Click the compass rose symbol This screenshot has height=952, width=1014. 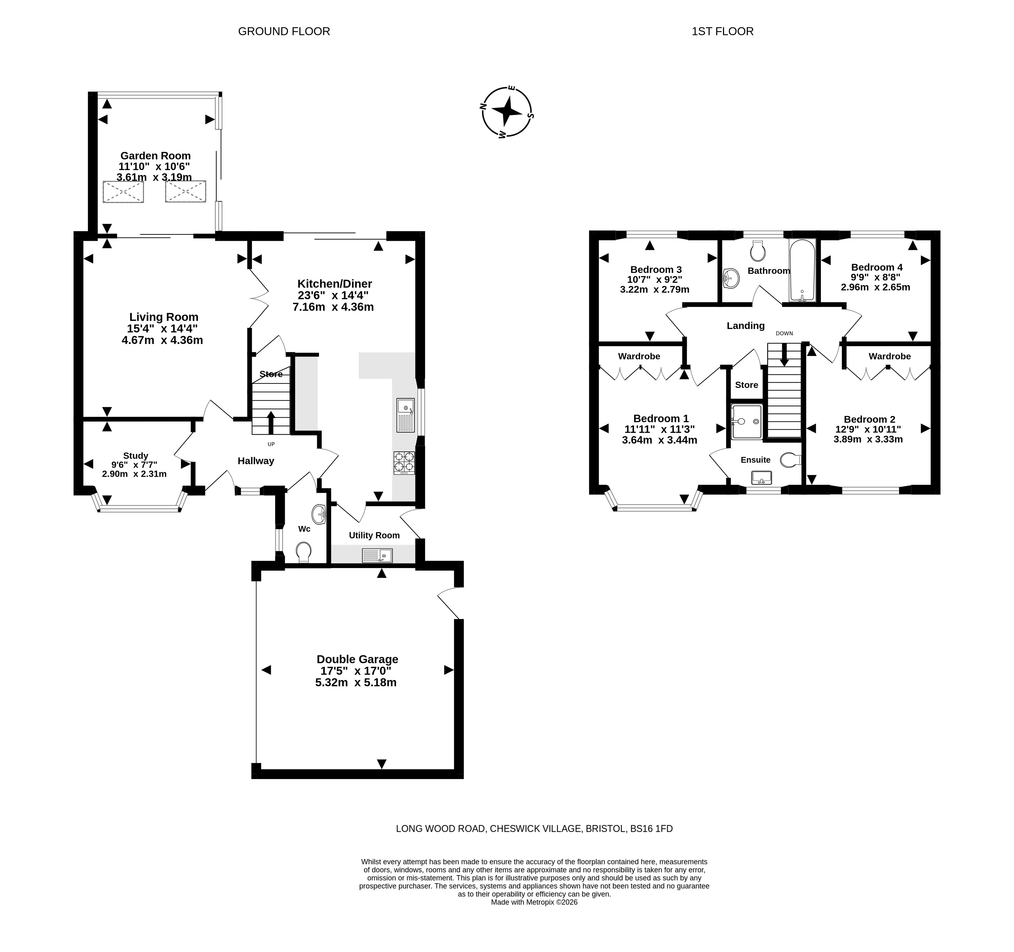pos(507,112)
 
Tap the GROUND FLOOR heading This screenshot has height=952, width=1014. pos(284,32)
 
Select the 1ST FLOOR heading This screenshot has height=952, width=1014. pos(722,32)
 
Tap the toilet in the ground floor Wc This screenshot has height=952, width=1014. pos(304,552)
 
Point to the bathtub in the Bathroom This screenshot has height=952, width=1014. pos(802,270)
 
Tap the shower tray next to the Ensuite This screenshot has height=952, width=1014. pos(747,422)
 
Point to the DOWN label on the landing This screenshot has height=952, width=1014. pos(784,333)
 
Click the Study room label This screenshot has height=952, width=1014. pos(136,456)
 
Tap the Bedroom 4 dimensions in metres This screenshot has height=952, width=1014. pos(875,287)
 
